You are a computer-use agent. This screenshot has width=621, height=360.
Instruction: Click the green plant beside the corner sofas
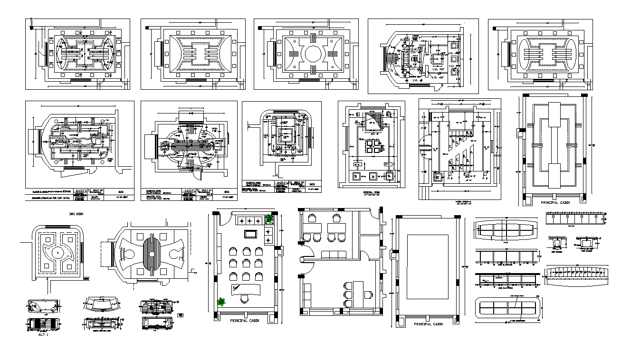click(269, 219)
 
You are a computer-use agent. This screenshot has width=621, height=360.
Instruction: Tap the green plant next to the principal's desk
click(221, 301)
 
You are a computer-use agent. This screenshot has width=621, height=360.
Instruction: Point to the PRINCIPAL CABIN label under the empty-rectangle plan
click(428, 324)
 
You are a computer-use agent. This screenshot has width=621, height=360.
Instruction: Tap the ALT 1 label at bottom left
click(44, 334)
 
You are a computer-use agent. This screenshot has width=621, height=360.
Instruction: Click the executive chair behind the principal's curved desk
click(245, 298)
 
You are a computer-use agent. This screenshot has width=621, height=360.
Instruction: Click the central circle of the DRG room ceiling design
click(58, 253)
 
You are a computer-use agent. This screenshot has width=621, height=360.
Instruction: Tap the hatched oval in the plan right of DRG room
click(152, 255)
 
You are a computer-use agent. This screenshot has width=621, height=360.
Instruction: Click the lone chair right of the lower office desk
click(367, 294)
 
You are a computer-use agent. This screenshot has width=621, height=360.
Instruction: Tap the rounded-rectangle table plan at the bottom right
click(508, 309)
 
